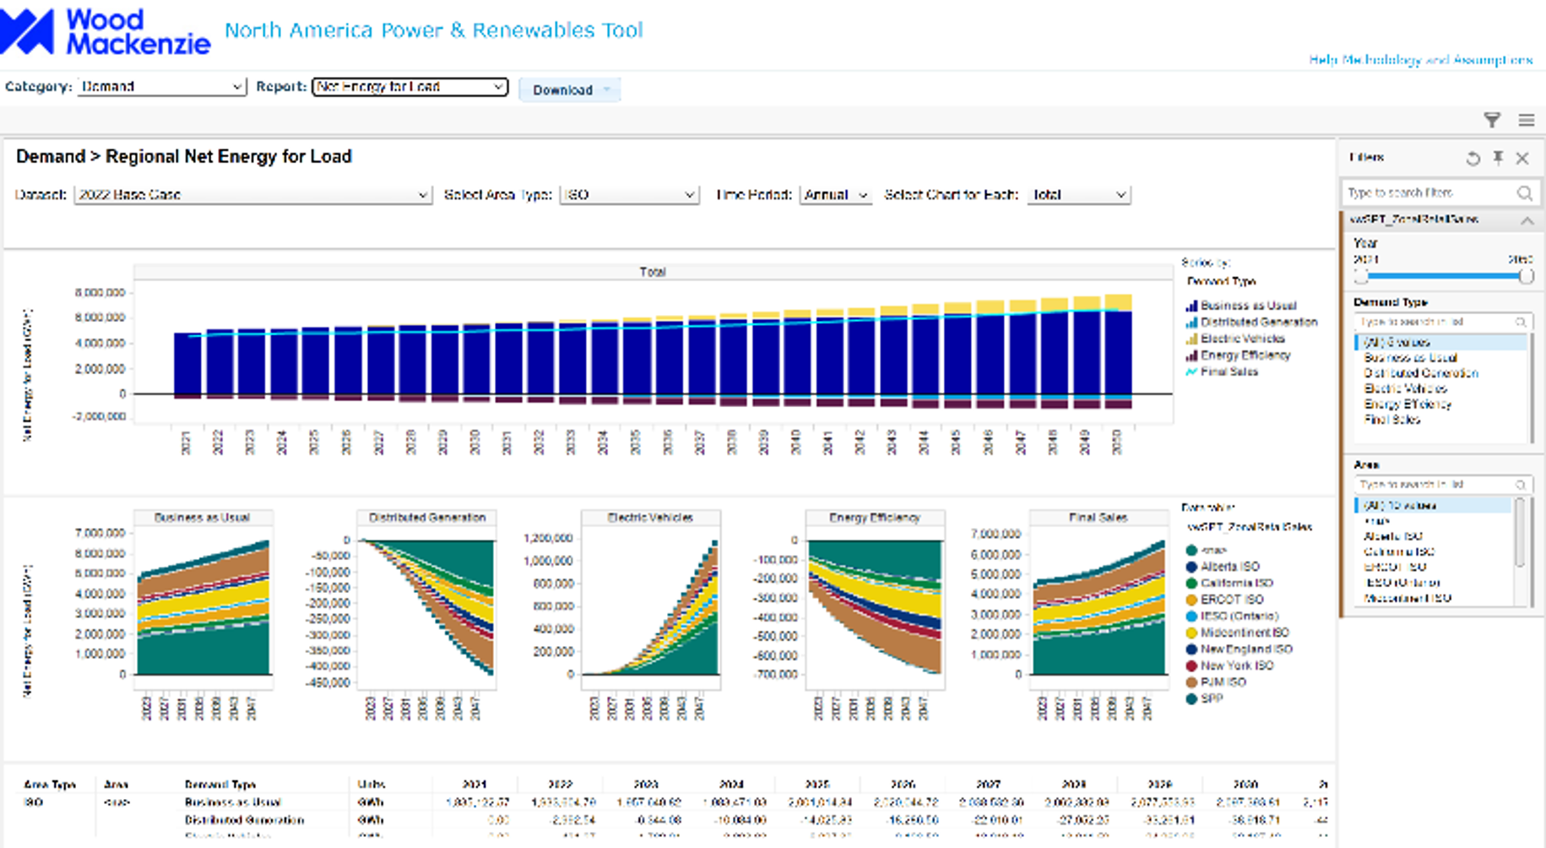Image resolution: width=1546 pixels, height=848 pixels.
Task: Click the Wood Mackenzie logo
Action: tap(105, 32)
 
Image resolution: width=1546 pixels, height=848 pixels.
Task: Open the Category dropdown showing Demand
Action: tap(161, 86)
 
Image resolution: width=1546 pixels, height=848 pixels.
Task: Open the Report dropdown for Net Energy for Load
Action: tap(410, 86)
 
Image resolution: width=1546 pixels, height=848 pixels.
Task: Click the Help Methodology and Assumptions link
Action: tap(1420, 60)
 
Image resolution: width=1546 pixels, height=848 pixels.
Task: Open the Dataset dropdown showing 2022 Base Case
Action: tap(252, 194)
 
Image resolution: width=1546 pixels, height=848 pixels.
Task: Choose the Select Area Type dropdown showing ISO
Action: tap(629, 194)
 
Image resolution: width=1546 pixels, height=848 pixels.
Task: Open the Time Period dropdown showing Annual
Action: tap(835, 194)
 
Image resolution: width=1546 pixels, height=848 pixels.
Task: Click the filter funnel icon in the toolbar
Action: tap(1492, 120)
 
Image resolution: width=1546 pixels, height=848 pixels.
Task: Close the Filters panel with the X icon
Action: tap(1522, 158)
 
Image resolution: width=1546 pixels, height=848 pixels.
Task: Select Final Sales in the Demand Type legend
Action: tap(1229, 372)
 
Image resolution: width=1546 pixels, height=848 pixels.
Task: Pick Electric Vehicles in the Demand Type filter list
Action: tap(1406, 389)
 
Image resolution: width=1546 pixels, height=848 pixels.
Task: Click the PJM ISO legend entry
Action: tap(1223, 682)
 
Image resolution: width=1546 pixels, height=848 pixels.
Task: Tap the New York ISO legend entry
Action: tap(1237, 666)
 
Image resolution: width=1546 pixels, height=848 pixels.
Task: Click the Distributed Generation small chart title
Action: tap(427, 517)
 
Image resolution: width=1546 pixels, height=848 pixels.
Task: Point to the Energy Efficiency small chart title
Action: tap(875, 517)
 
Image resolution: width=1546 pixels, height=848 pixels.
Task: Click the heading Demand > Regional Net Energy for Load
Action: tap(184, 156)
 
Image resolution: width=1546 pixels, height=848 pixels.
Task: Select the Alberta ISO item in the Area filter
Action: tap(1393, 536)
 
